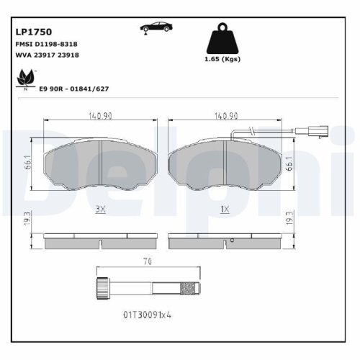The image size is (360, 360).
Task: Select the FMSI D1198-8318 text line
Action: click(47, 44)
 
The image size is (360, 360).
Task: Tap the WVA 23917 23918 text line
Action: click(48, 55)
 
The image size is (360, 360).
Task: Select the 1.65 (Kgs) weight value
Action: click(222, 60)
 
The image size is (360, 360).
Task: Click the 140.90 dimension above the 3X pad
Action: click(100, 115)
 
